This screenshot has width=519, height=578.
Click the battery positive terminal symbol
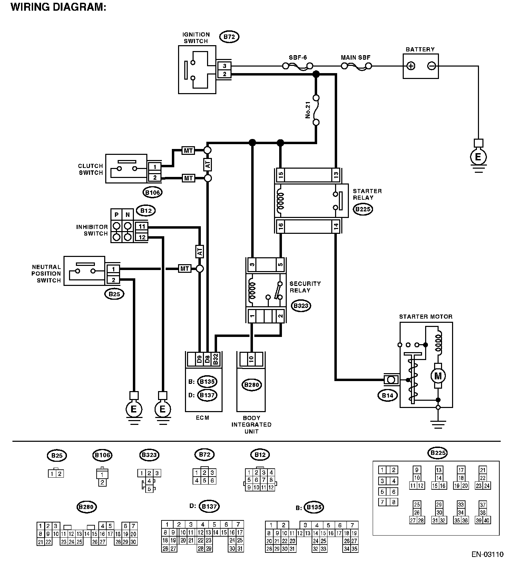point(411,66)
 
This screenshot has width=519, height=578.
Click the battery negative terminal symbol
point(431,66)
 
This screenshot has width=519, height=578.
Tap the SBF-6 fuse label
point(297,58)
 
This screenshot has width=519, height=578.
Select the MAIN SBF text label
point(355,58)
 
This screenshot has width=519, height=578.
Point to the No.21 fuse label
point(308,110)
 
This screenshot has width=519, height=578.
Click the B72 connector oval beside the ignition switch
point(229,37)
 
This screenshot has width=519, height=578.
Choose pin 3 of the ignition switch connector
point(224,66)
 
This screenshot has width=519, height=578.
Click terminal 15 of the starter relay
point(281,175)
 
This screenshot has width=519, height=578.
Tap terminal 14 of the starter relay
point(336,226)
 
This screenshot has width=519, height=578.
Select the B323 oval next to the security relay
point(301,306)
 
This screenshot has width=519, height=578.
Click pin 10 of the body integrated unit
point(251,359)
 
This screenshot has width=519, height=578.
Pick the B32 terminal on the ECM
point(216,359)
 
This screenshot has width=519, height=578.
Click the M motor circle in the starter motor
point(438,376)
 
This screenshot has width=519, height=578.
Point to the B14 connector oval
point(388,396)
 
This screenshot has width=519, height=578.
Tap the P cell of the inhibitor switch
point(117,215)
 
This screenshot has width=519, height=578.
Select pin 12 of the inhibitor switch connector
point(142,237)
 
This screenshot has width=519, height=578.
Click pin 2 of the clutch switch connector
point(155,178)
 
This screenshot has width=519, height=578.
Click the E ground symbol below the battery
point(478,157)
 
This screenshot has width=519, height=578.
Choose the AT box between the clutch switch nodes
point(208,165)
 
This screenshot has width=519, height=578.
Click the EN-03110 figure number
point(487,555)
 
